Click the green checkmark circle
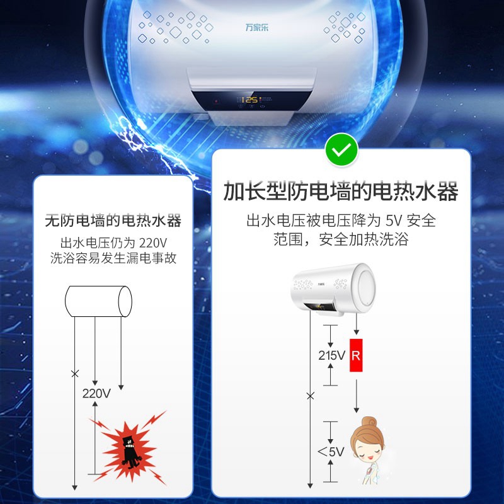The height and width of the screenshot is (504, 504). [341, 149]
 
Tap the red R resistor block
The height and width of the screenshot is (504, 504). [356, 355]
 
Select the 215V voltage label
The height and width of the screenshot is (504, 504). [331, 355]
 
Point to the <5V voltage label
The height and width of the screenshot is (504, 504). [331, 452]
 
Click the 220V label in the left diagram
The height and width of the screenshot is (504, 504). [96, 393]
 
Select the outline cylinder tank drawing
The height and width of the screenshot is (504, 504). [98, 301]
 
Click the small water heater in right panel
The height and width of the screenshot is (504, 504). [333, 289]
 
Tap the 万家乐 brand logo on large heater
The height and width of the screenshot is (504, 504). [257, 27]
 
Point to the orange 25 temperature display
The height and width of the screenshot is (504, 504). [251, 100]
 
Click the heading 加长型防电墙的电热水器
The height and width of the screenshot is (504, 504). [341, 192]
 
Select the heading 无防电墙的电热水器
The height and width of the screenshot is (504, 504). [113, 220]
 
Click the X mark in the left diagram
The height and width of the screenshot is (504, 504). [74, 374]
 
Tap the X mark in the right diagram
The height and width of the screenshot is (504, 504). [310, 396]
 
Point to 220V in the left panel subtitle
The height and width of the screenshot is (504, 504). [152, 243]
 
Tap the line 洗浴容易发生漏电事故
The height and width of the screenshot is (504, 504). [113, 258]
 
